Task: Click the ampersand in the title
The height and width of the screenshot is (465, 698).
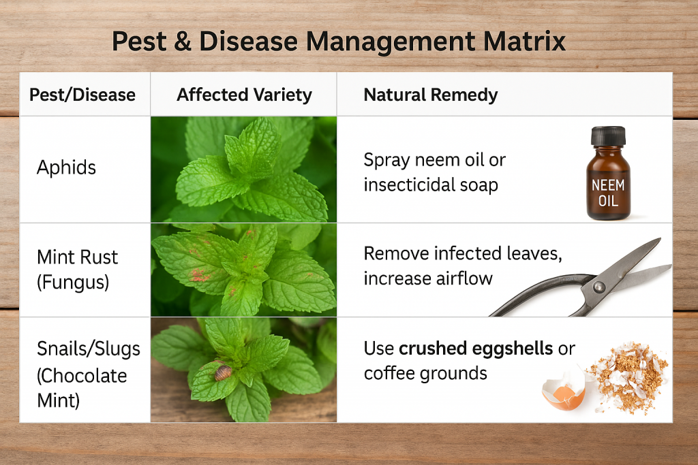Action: [183, 42]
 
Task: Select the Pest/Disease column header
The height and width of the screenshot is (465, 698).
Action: [82, 95]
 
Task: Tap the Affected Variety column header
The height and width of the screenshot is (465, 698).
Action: [245, 95]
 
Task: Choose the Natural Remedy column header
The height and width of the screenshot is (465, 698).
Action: [431, 95]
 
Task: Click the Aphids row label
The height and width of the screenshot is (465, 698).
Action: [66, 167]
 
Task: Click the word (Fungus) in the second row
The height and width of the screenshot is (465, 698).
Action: [73, 283]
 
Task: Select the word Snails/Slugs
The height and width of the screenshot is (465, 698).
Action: [89, 349]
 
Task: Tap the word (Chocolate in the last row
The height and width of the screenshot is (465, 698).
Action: [82, 376]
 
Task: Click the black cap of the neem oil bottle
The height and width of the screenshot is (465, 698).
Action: [608, 136]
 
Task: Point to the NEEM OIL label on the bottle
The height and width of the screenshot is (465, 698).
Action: [608, 193]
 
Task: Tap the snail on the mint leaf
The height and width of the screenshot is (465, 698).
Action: [223, 372]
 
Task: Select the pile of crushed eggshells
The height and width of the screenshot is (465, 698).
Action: [628, 376]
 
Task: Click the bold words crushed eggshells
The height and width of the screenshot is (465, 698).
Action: [476, 349]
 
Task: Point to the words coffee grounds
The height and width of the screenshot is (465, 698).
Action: [425, 373]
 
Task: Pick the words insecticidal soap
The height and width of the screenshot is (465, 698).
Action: [431, 185]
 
